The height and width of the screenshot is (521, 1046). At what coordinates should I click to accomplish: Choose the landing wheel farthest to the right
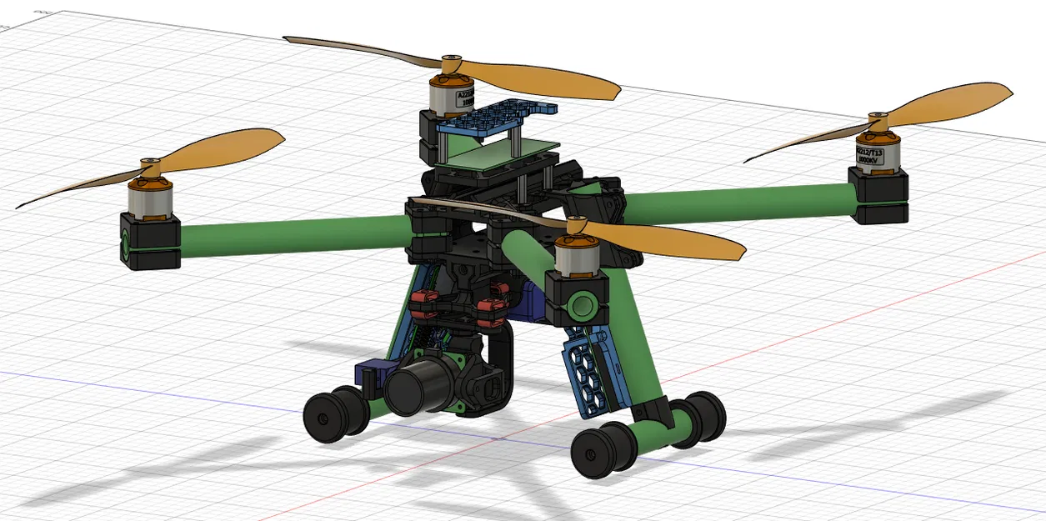[x=704, y=417]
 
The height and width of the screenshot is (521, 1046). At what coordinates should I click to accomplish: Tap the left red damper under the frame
[x=426, y=304]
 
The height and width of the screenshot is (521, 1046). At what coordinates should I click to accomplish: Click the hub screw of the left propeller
[x=150, y=161]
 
